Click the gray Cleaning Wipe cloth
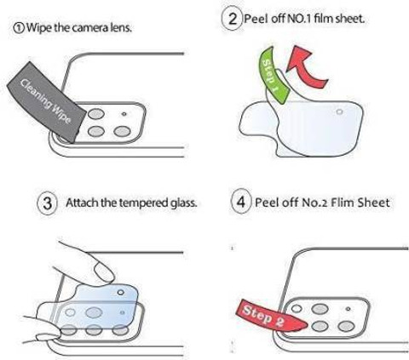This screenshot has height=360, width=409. (x=47, y=102)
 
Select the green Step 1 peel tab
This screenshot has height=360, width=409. (x=273, y=75)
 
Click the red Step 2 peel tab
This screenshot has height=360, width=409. (x=271, y=315)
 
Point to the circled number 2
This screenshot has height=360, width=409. (x=233, y=19)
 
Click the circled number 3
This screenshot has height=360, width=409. (x=48, y=203)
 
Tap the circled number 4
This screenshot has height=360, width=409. (x=240, y=202)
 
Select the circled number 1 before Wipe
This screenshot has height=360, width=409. (x=19, y=28)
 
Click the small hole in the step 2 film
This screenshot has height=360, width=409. (x=339, y=111)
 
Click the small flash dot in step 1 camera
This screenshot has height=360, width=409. (x=124, y=114)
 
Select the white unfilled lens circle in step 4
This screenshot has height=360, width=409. (x=297, y=309)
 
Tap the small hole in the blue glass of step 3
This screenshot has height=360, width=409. (x=121, y=292)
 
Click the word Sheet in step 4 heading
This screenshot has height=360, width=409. (x=373, y=203)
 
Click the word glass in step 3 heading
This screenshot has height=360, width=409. (x=184, y=203)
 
